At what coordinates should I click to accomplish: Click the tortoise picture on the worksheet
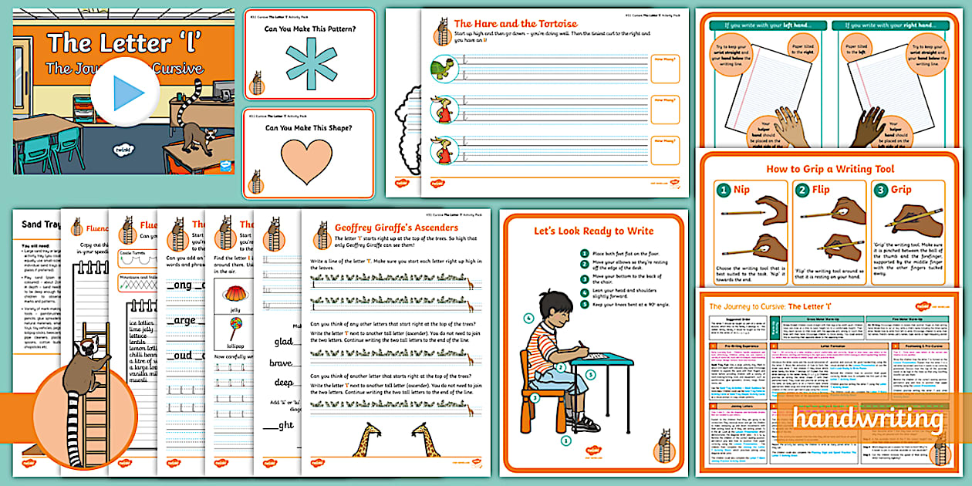tap(443, 66)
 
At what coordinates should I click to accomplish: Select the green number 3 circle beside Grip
tap(881, 190)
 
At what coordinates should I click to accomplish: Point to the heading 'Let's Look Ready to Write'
tap(593, 231)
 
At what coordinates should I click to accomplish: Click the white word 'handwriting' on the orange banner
tap(868, 420)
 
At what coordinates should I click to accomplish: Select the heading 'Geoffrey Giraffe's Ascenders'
tap(396, 228)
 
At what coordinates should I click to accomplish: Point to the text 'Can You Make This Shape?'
tap(309, 128)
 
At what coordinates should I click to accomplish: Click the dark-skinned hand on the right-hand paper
tap(869, 125)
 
